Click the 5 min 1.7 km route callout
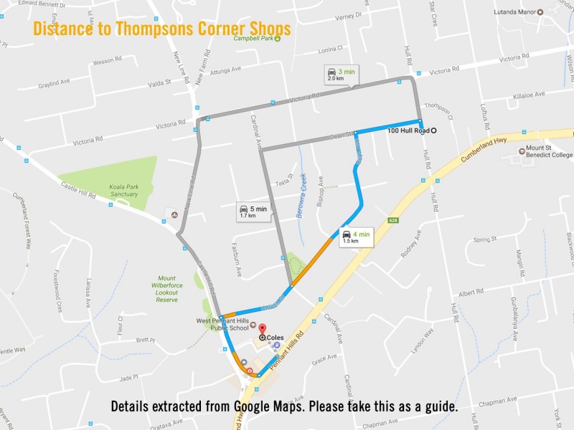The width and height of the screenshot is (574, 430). pos(253,211)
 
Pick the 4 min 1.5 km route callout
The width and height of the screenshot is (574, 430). pos(356,236)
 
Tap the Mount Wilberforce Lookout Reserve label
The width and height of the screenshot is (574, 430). pos(167,289)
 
